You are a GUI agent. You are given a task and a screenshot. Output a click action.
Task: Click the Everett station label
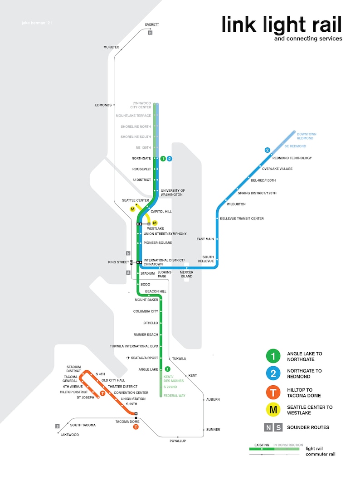point(152,24)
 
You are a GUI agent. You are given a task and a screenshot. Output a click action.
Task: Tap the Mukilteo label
point(111,47)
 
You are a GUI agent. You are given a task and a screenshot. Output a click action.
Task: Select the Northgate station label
point(141,159)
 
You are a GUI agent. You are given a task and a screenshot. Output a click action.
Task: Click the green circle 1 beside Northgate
point(163,159)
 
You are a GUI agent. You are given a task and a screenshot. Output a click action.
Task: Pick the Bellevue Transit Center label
point(242,218)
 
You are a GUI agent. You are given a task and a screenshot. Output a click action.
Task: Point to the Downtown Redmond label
point(306,136)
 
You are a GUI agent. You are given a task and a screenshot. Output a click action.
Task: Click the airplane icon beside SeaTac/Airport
point(128,358)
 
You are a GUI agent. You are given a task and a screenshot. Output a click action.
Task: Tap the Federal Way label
point(175,396)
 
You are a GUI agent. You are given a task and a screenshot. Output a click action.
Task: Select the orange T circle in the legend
point(273,393)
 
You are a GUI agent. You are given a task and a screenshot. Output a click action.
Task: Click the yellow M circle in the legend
point(273,410)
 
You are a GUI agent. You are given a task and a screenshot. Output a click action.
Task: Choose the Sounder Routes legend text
point(308,427)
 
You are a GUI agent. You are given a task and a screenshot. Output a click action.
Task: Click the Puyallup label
point(178,441)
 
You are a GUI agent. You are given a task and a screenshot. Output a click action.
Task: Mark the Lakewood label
point(69,435)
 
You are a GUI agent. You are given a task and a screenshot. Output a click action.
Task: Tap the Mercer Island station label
point(186,274)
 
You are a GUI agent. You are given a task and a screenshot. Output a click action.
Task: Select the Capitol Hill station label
point(161,212)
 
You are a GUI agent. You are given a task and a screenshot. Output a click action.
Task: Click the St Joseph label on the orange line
point(85,398)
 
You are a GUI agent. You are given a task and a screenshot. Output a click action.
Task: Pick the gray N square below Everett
point(150,33)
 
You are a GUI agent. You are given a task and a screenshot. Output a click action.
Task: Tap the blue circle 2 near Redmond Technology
point(268,150)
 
